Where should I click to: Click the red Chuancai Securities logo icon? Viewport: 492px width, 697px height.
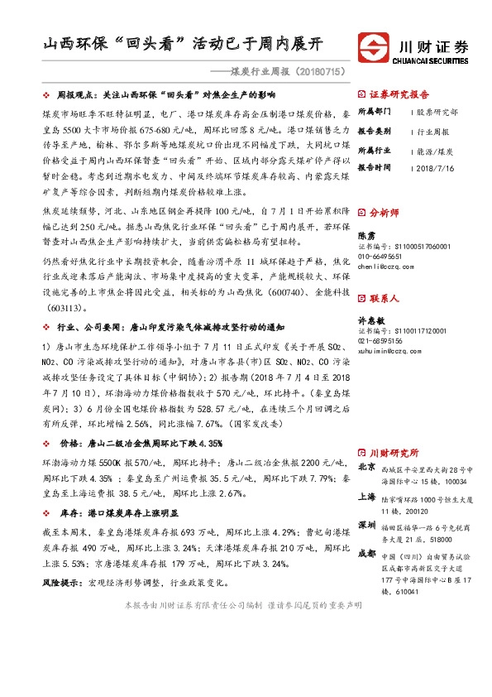[372, 44]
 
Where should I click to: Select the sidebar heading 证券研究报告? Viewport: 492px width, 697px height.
[399, 94]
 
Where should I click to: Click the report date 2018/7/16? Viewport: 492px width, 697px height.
[437, 166]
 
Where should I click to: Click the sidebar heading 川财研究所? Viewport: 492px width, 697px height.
[394, 453]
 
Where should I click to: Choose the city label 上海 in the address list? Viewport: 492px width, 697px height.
[366, 497]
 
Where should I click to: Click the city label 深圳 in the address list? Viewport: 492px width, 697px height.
[366, 526]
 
